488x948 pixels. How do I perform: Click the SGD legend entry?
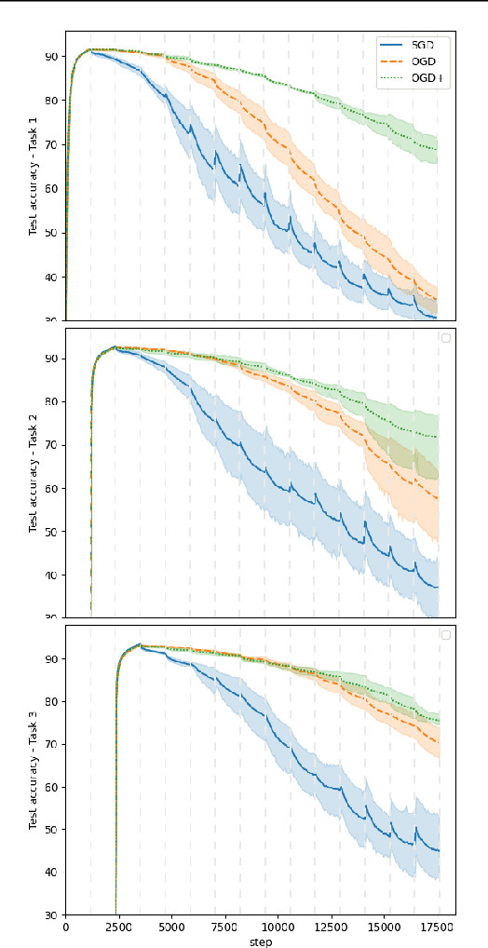pos(413,46)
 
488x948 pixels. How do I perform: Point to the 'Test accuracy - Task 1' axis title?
pos(34,177)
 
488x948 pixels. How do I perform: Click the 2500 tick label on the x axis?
pos(118,928)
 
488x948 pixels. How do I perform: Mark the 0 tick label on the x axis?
pos(65,928)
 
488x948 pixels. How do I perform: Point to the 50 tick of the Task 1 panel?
pos(51,233)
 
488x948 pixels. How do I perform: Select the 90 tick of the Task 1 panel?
pos(51,57)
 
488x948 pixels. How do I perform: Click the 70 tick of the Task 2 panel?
pos(51,445)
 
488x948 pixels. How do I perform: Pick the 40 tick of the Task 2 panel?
pos(51,576)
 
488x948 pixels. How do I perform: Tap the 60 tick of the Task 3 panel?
pos(51,787)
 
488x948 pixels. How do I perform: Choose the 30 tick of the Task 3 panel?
pos(51,915)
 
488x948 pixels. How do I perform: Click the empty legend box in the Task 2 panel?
pos(445,338)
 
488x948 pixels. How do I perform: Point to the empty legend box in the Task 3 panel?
pos(445,635)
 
